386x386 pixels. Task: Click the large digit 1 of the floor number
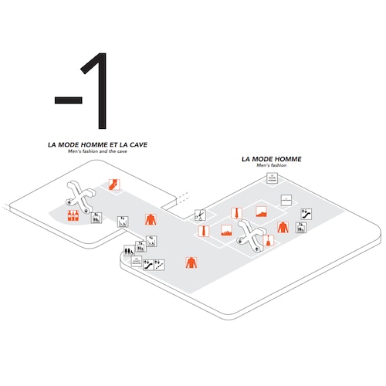pos(96,93)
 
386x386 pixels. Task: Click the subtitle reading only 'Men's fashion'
pos(271,165)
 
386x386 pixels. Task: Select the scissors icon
pos(199,215)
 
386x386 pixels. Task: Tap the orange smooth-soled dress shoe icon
pos(262,213)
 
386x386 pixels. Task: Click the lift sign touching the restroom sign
pos(140,248)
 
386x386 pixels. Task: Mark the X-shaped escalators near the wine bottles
pos(80,195)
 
